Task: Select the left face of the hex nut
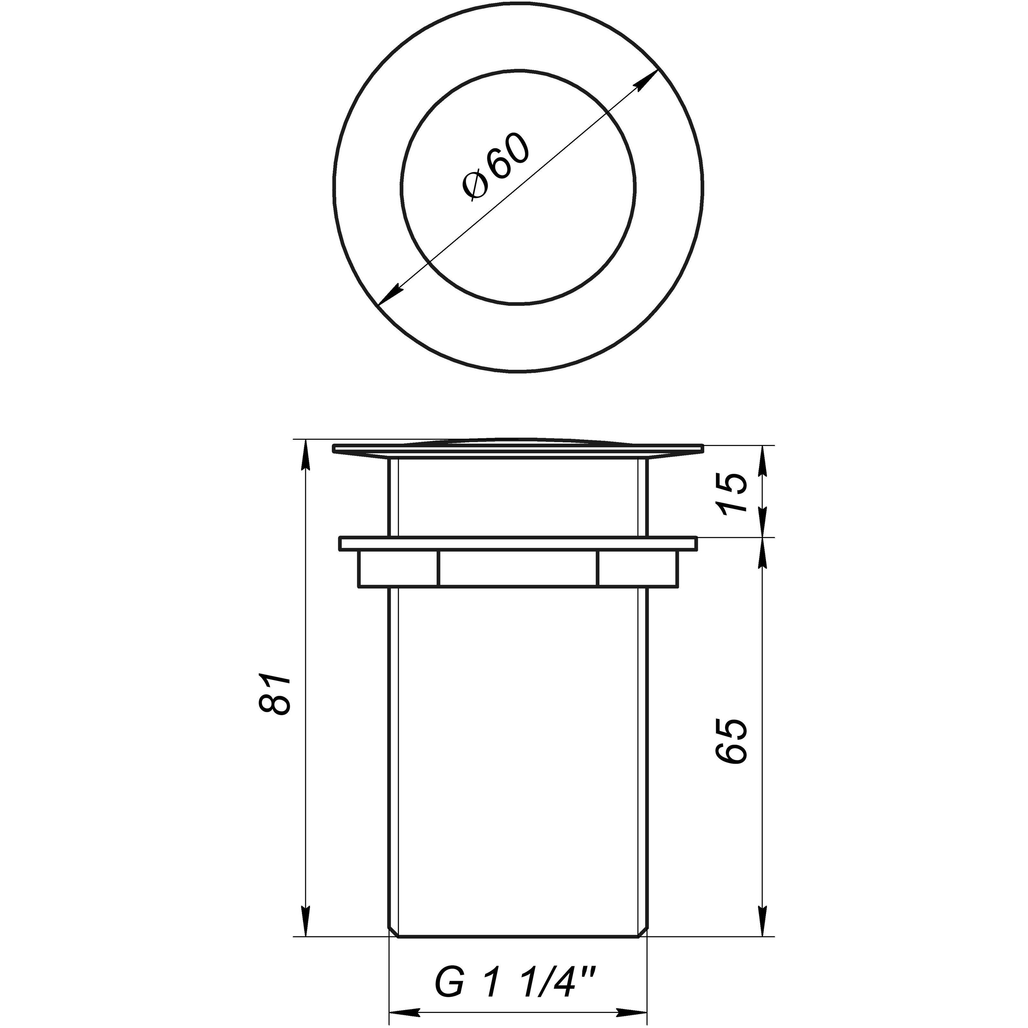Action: tap(397, 569)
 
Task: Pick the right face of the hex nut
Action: tap(639, 569)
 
